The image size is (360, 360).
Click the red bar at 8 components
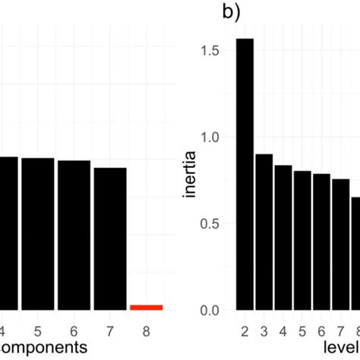coord(146,307)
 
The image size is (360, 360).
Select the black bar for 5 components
coord(37,234)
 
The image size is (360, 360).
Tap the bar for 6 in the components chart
coord(74,235)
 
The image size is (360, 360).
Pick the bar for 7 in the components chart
coord(110,238)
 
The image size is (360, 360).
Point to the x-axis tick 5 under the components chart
coord(37,331)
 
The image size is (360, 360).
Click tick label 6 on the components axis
coord(74,331)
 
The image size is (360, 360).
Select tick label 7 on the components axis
coord(110,331)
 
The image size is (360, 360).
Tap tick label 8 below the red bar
coord(147,331)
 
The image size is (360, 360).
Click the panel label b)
coord(231,12)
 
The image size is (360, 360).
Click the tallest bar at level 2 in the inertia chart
coord(244,175)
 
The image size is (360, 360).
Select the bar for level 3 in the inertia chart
coord(264,232)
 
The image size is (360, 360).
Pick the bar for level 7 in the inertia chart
coord(341,245)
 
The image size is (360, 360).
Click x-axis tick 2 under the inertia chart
coord(244,331)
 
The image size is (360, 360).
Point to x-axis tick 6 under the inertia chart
coord(321,331)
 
